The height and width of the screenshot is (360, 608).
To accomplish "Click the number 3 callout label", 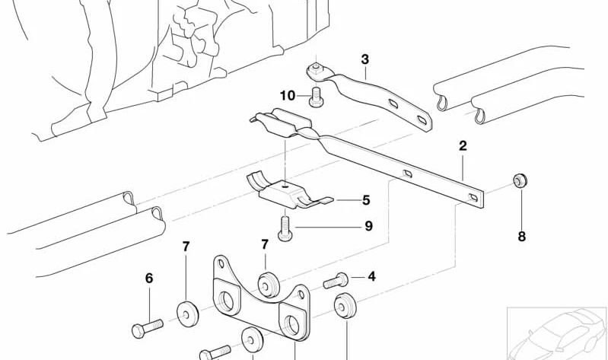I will tap(364, 59).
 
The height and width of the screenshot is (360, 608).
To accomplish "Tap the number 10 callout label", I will tap(286, 95).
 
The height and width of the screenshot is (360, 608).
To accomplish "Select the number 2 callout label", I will tap(462, 145).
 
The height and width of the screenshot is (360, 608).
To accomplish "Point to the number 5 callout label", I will tap(366, 201).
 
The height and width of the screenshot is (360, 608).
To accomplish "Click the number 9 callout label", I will tap(368, 226).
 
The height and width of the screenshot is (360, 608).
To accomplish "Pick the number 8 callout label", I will tap(521, 237).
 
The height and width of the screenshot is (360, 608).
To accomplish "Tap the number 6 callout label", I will tap(149, 279).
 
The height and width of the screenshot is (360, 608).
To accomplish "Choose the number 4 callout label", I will tap(371, 276).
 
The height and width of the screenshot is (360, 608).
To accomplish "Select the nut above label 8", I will tap(520, 181).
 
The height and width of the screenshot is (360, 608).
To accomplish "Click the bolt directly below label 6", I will tap(147, 330).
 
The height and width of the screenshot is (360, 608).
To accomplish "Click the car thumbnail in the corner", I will tap(555, 331).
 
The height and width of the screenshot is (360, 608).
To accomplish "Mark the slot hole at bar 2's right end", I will tap(475, 198).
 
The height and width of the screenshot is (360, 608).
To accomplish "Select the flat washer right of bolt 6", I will tap(186, 313).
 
